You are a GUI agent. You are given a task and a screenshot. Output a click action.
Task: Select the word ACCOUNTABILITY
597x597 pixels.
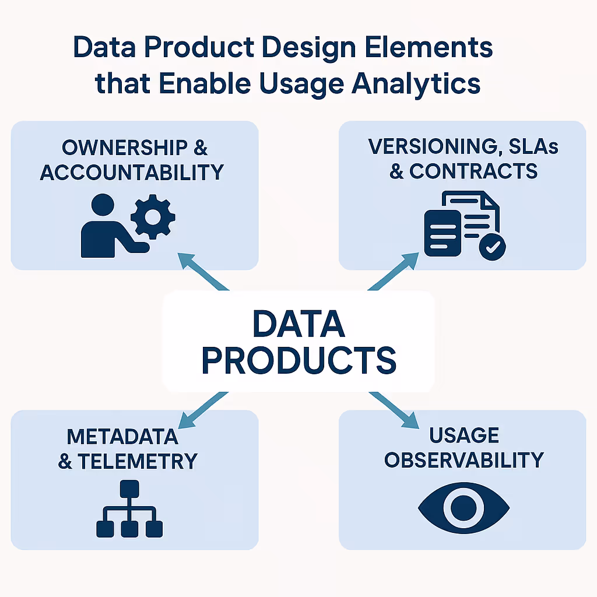click(132, 172)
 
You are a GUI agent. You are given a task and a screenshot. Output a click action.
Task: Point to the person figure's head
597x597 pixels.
click(103, 206)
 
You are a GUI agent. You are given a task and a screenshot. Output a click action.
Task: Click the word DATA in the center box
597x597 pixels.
click(298, 325)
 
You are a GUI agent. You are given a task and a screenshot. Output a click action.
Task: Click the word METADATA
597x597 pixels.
click(122, 436)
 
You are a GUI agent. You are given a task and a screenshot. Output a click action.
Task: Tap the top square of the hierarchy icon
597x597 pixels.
click(129, 489)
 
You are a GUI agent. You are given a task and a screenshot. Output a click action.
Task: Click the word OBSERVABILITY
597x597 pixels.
click(464, 459)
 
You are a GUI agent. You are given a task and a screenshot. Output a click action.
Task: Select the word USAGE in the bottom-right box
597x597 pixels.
click(464, 435)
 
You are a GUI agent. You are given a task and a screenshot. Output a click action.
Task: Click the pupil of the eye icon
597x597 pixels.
click(464, 506)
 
